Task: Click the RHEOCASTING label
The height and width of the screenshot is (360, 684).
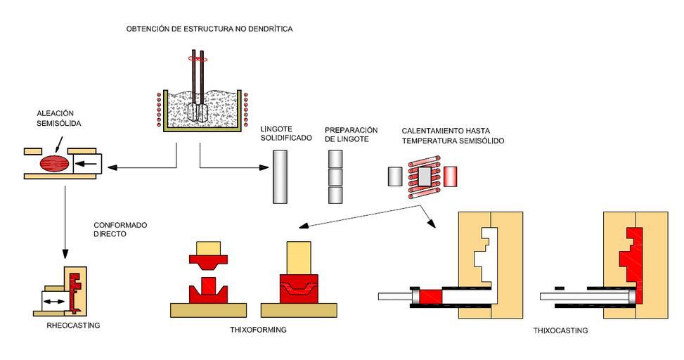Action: [x=73, y=326]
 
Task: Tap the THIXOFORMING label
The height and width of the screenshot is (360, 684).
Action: [x=258, y=329]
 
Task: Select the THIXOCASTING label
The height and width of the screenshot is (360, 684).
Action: [x=560, y=330]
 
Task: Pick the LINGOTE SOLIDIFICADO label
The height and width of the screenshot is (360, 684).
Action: [x=285, y=134]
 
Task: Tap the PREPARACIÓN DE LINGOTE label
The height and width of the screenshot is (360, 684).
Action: [x=351, y=134]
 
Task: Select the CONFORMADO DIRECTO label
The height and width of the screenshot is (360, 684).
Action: [x=120, y=230]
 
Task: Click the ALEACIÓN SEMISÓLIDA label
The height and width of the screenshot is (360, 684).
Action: [x=56, y=117]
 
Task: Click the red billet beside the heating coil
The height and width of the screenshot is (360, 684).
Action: [x=450, y=176]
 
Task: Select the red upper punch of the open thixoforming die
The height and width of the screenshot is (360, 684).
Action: [x=209, y=262]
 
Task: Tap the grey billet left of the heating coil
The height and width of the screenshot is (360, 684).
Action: [x=393, y=176]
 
